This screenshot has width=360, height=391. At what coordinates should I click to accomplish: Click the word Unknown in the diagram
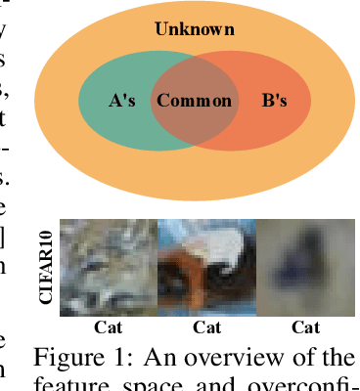195,29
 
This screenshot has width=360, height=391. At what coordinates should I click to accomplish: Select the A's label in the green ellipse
121,101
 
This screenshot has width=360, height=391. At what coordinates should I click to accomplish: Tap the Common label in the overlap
195,101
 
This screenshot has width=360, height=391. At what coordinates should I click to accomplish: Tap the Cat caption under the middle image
206,326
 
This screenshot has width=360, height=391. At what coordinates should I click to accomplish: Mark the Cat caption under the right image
306,326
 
